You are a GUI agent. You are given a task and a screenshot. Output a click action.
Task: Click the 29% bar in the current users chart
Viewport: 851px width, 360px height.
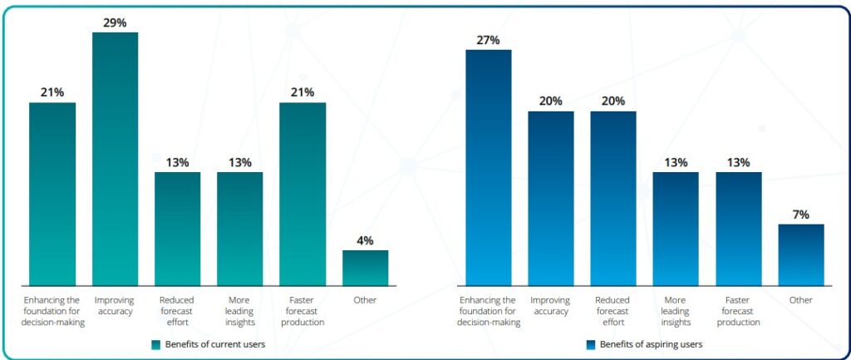click(x=115, y=158)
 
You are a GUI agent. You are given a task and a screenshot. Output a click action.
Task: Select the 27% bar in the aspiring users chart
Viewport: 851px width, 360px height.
click(x=489, y=166)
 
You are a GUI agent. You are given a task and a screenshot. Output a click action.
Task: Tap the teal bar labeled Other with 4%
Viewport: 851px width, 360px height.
click(x=365, y=268)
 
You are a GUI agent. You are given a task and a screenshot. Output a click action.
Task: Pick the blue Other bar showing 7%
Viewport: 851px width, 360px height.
click(x=801, y=254)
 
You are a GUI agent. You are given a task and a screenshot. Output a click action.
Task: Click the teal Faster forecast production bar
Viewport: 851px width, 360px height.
click(x=303, y=194)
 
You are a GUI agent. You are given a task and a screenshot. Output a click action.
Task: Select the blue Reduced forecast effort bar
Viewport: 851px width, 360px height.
click(x=613, y=198)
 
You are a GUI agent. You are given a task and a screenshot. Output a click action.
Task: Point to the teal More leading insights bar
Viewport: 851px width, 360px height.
click(x=240, y=229)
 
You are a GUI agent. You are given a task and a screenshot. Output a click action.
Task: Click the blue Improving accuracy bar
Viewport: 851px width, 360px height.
click(x=551, y=198)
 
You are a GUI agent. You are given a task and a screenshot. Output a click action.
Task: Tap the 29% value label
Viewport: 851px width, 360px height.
click(x=115, y=22)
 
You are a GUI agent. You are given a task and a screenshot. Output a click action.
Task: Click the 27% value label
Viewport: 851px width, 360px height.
click(x=489, y=40)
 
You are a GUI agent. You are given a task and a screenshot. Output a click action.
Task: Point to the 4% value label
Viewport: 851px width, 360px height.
click(x=365, y=240)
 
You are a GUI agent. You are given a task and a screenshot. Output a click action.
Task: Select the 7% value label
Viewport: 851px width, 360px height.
click(x=801, y=215)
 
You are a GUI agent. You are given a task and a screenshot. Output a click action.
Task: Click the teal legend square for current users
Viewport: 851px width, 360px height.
click(x=155, y=344)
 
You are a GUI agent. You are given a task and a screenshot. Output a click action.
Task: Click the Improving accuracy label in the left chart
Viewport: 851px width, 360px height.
click(x=115, y=305)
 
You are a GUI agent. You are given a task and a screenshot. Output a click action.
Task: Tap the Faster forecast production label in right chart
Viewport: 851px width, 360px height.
click(x=739, y=311)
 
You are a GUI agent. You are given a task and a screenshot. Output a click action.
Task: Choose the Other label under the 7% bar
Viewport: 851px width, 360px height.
click(x=801, y=300)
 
